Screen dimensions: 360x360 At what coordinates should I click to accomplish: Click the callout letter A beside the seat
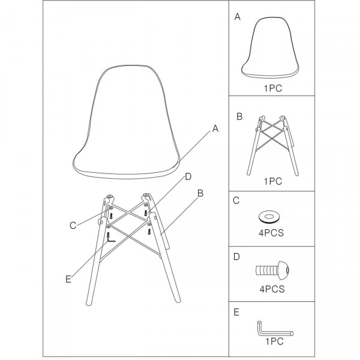point(215,128)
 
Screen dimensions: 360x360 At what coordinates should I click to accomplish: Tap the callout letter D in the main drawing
point(188,177)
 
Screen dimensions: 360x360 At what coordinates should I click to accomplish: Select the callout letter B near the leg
point(200,193)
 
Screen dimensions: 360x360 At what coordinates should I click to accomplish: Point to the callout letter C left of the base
point(73,226)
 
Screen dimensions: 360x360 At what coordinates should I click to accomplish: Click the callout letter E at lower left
point(68,279)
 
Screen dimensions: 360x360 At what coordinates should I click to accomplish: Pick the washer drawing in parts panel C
point(269,217)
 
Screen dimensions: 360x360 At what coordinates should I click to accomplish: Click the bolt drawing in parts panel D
point(272,270)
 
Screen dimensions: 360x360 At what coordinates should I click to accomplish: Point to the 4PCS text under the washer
point(271,233)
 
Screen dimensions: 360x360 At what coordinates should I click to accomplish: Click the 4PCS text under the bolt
point(272,289)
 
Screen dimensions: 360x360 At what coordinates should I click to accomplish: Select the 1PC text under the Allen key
point(275,341)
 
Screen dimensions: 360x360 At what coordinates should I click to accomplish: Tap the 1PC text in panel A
point(273,88)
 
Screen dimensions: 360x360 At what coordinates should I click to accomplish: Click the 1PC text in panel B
point(273,181)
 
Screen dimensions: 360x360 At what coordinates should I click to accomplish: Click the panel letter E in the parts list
point(236,313)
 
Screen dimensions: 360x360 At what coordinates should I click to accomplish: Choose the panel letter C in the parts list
point(236,200)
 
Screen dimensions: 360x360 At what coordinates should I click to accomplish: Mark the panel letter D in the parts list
point(236,257)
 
